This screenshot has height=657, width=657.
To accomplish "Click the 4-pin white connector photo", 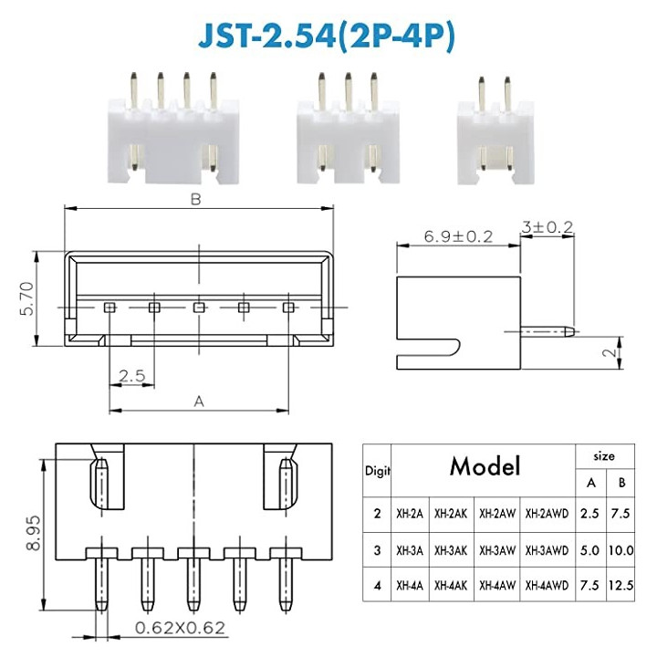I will [174, 133].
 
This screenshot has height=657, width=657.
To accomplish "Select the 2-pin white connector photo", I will [494, 133].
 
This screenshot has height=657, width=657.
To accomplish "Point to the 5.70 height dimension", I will [26, 297].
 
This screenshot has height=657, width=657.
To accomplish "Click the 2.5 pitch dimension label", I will [132, 376].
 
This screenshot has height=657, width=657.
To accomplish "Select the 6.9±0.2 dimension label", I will [457, 236].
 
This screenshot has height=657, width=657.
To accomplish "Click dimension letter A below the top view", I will [199, 400].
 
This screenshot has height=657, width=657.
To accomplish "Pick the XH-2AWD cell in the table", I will [547, 513].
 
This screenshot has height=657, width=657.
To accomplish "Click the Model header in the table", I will [484, 467].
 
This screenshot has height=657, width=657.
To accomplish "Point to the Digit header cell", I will [377, 472].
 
